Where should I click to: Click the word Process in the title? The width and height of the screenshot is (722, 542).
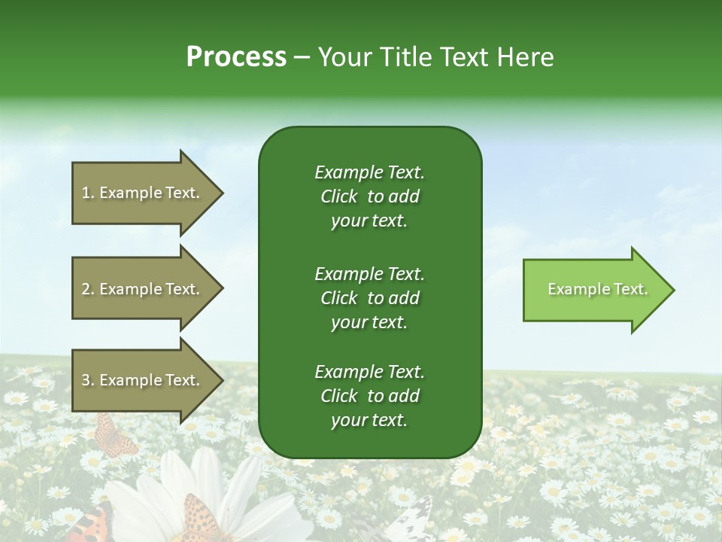(236, 57)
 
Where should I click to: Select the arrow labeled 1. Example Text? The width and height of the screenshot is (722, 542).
(143, 193)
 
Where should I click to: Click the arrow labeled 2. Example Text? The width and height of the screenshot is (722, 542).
(143, 289)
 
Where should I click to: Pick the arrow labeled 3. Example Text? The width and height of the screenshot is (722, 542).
(143, 380)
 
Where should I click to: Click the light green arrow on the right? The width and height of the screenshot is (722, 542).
(594, 290)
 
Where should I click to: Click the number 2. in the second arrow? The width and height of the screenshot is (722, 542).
(87, 289)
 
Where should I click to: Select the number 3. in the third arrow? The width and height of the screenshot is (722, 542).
(87, 380)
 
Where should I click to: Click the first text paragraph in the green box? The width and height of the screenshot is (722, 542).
(369, 196)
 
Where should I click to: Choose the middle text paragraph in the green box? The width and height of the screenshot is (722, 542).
(369, 298)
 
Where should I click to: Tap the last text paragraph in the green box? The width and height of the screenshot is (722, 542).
(369, 396)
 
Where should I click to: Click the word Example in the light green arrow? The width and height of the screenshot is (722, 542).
(573, 289)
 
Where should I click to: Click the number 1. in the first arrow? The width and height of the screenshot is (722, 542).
(87, 193)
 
